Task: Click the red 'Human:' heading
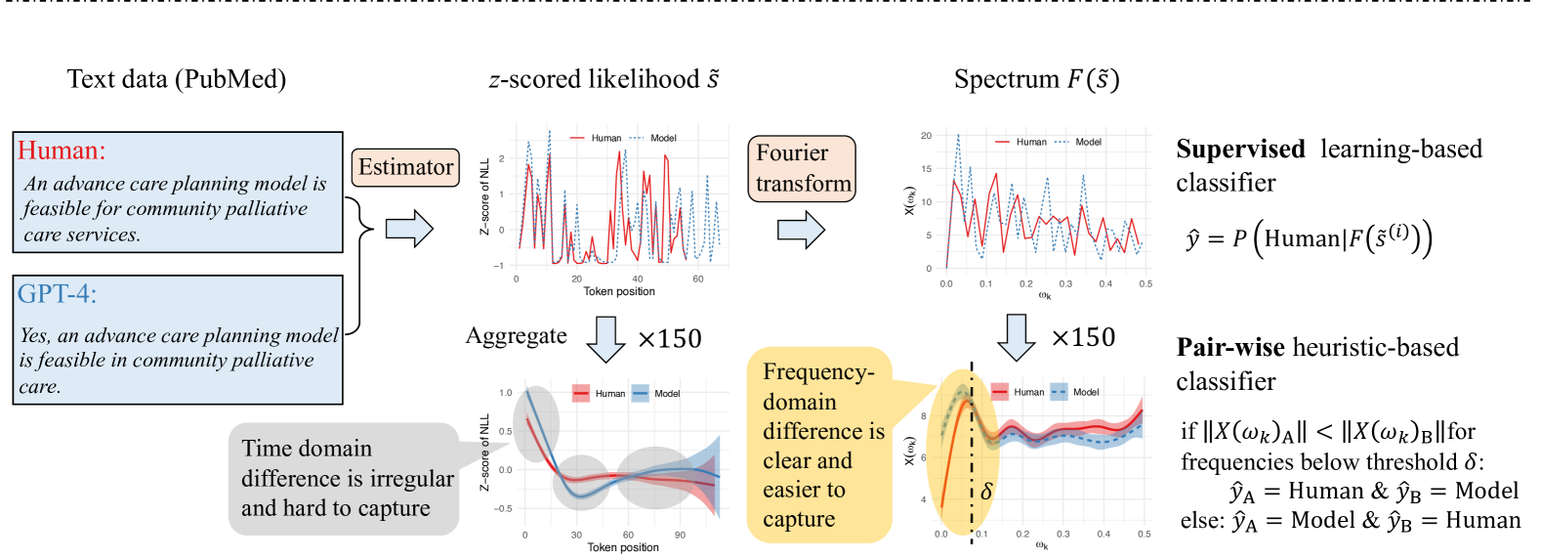(x=61, y=151)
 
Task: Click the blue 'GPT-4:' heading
(x=57, y=293)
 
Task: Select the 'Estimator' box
(x=405, y=167)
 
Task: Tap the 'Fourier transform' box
(x=802, y=168)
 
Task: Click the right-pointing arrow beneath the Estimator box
(x=409, y=229)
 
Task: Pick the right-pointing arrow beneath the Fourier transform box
(x=801, y=230)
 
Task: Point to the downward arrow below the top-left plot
(x=606, y=338)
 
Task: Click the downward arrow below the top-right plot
(x=1017, y=337)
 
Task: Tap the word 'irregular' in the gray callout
(x=408, y=479)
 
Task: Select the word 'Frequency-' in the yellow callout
(x=817, y=372)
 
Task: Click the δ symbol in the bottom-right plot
(x=986, y=491)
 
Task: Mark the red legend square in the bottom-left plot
(x=581, y=393)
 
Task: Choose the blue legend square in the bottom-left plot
(x=641, y=393)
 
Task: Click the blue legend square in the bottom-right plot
(x=1058, y=392)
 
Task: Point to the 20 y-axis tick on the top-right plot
(x=926, y=136)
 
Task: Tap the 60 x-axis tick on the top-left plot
(x=698, y=280)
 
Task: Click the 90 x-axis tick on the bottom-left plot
(x=680, y=535)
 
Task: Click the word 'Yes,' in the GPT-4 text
(x=35, y=336)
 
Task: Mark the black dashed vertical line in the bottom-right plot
(x=972, y=459)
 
